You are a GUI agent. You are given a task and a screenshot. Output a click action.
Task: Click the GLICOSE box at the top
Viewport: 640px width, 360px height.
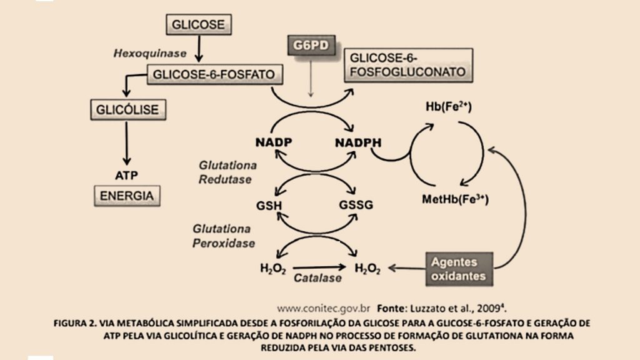[x=198, y=24]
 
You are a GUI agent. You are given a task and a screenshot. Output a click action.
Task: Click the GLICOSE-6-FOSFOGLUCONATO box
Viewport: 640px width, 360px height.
[x=407, y=64]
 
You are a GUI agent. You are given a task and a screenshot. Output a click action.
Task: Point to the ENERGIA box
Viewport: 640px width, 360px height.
[x=127, y=195]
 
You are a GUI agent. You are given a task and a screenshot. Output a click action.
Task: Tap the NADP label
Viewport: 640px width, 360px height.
[x=274, y=142]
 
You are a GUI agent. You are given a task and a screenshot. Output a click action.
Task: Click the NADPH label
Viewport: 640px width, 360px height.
[x=358, y=142]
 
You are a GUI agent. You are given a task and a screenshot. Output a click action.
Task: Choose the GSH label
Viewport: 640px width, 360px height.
[x=269, y=206]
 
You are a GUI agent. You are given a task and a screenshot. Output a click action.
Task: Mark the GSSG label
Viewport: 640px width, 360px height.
[x=356, y=206]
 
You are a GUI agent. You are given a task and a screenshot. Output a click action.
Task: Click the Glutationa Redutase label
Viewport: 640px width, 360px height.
[x=226, y=172]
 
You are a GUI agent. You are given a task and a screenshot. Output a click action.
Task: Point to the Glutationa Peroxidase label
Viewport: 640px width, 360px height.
[x=224, y=235]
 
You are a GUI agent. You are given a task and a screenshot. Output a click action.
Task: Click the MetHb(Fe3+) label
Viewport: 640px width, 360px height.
[x=455, y=200]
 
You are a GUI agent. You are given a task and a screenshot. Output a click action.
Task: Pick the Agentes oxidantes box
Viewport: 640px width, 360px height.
[x=459, y=269]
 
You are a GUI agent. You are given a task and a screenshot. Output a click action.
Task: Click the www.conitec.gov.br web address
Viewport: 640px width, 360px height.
[x=324, y=308]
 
